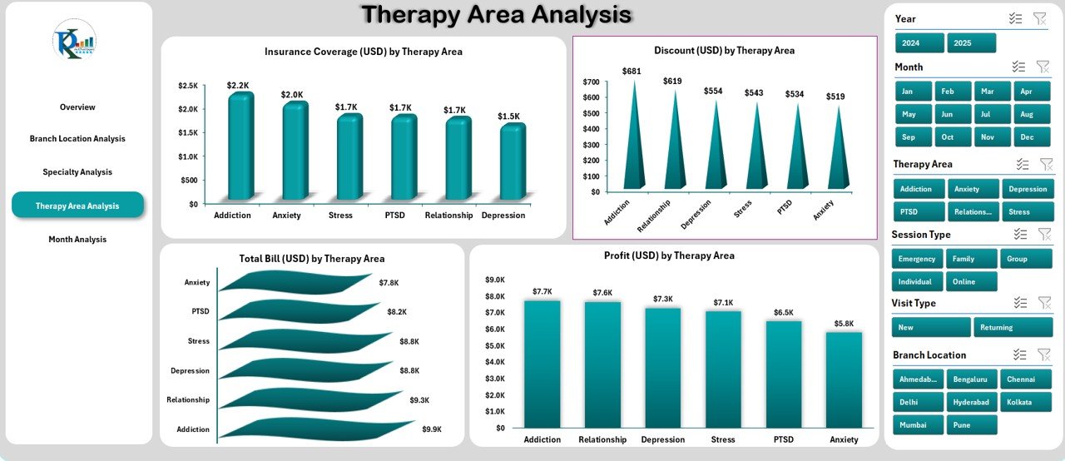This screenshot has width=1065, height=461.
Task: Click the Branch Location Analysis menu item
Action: tap(77, 139)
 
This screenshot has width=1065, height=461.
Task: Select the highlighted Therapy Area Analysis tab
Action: tap(77, 206)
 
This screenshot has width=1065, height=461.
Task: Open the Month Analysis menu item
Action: tap(77, 240)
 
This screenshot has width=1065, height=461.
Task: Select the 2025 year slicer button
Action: tap(971, 43)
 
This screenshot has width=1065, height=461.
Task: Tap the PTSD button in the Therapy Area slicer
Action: tap(919, 212)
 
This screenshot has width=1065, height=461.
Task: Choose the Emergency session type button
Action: tap(918, 259)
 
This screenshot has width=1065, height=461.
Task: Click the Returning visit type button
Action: tap(1013, 328)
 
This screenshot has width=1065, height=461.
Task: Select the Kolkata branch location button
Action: tap(1025, 402)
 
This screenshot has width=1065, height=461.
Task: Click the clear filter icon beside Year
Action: tap(1039, 18)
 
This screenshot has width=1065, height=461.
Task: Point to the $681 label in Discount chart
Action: tap(632, 72)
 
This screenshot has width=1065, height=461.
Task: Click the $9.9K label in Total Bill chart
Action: tap(431, 429)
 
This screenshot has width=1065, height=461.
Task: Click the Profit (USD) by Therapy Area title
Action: tap(669, 255)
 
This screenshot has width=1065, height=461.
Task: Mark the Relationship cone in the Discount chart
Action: tap(673, 141)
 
